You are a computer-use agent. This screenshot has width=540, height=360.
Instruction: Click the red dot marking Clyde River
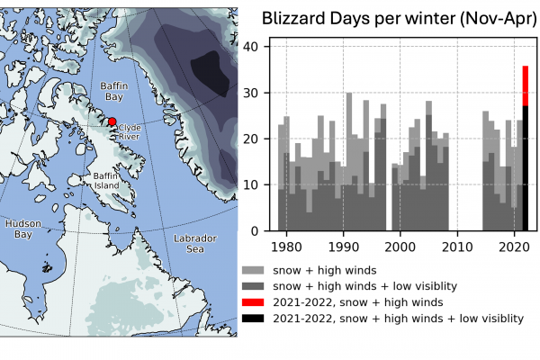pos(112,121)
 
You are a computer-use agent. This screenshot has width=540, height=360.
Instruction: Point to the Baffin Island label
pos(106,180)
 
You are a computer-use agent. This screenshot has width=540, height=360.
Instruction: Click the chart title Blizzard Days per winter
pos(393,18)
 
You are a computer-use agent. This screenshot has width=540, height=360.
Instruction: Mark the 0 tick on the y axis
pos(256,231)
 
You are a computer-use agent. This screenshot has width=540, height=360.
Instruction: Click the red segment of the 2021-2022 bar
pos(526,85)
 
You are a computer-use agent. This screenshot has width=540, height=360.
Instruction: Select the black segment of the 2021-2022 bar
pos(526,171)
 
